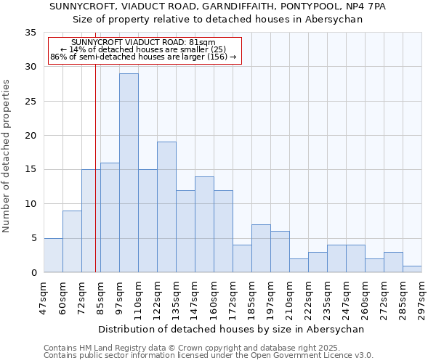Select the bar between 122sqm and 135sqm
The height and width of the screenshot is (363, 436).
166,207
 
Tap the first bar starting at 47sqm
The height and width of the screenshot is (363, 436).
53,255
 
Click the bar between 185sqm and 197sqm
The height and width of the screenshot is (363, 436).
261,248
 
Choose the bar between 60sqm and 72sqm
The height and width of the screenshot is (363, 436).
72,241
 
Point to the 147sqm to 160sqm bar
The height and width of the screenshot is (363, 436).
204,224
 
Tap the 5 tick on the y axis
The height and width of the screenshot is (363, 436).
33,238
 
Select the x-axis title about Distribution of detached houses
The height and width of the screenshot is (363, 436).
230,329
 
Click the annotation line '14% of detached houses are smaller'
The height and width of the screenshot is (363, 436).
143,49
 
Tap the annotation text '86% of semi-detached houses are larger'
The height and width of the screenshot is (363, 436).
143,57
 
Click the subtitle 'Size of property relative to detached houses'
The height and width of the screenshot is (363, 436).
218,19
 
